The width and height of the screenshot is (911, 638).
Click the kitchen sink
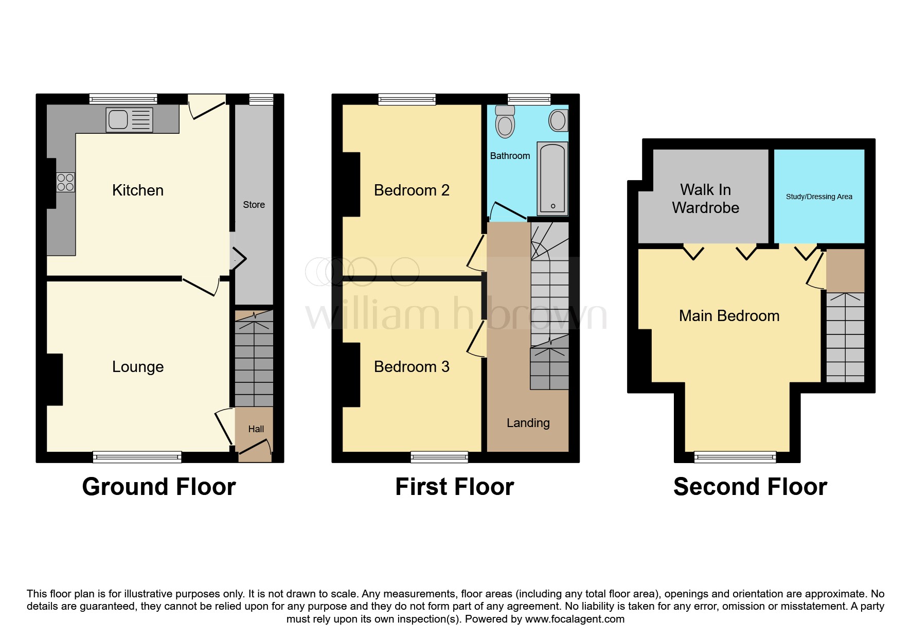tap(129, 120)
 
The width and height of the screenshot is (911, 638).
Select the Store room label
tap(254, 205)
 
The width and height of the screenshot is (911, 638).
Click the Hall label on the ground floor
tap(256, 429)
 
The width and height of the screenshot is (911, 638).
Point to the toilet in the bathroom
tap(505, 122)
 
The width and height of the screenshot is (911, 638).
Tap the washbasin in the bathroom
tap(558, 121)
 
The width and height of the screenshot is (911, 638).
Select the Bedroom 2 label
tap(412, 190)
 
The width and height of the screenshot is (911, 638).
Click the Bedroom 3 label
tap(412, 367)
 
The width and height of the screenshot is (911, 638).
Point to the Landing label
tap(528, 423)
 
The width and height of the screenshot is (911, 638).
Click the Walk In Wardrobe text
tap(705, 199)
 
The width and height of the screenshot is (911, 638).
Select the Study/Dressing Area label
tap(819, 197)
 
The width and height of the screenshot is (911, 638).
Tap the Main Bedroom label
tap(729, 316)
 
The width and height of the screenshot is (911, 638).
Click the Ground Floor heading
tap(158, 487)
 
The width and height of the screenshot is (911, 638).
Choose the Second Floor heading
tap(750, 487)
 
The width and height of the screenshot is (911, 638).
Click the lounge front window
tap(137, 456)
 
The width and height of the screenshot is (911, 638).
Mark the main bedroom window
tap(735, 456)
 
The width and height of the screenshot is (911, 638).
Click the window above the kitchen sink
tap(123, 99)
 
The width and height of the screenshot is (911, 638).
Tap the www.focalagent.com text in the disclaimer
tap(575, 619)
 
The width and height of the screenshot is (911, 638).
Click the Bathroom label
tap(510, 156)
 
